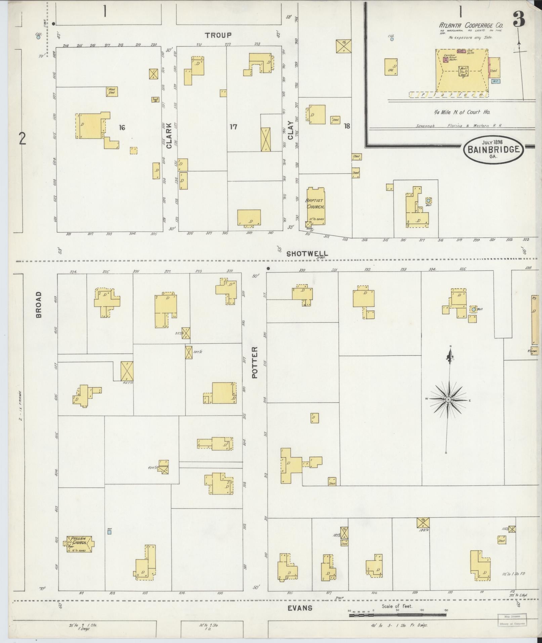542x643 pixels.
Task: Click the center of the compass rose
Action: [448, 400]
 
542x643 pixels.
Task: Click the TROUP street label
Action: [218, 35]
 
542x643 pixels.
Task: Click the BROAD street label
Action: [39, 305]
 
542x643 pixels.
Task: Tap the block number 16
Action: [122, 127]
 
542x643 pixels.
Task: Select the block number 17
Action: [233, 127]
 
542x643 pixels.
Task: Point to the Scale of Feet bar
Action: [398, 615]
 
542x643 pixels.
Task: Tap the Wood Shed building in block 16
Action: [112, 91]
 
